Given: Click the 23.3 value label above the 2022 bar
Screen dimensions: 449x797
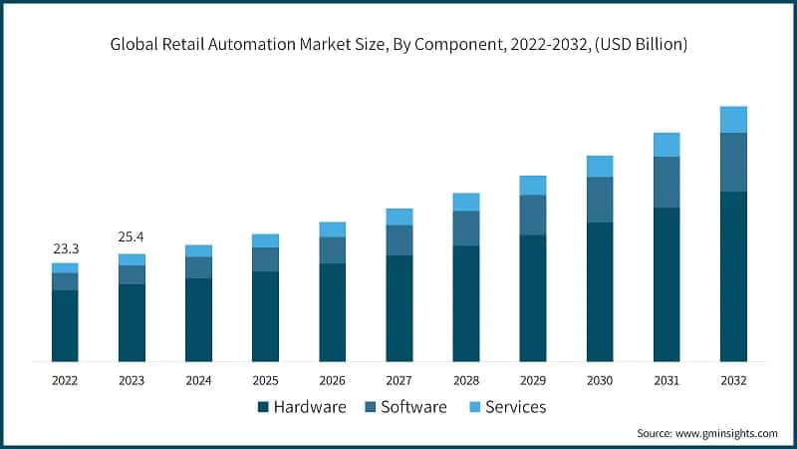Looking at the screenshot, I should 65,247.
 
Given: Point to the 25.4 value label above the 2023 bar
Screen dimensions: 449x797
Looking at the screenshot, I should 132,237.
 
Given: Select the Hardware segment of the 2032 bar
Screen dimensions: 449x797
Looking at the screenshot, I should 733,276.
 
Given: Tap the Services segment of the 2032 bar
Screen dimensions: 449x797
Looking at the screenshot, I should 733,120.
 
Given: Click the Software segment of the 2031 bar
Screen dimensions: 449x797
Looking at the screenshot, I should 666,183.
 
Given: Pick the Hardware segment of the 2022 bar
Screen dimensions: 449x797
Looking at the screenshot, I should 65,325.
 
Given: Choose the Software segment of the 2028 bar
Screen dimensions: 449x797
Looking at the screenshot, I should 465,228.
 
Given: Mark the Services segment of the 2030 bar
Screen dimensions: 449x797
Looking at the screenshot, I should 600,167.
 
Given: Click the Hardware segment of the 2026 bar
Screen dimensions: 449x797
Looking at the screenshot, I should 332,312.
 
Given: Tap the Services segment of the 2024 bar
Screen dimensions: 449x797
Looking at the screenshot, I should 198,250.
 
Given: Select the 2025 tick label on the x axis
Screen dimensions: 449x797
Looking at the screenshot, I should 265,380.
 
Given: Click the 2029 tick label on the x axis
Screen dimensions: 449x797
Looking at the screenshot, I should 532,380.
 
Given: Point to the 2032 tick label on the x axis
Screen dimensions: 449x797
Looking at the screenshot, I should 733,380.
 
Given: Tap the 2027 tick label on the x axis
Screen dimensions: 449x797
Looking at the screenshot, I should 398,380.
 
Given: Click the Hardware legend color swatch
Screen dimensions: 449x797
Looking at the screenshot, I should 263,407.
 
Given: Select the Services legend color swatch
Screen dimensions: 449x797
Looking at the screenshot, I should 474,407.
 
